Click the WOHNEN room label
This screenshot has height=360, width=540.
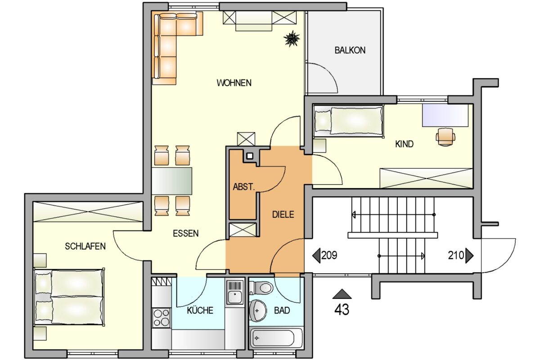(234, 83)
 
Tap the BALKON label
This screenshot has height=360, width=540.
(350, 50)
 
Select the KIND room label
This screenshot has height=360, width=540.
(404, 144)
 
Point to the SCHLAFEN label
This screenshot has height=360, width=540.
(85, 246)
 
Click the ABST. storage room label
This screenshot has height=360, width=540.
(243, 187)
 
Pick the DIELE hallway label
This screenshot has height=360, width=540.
(283, 215)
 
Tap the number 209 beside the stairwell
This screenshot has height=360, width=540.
(329, 256)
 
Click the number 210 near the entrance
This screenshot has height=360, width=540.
(455, 256)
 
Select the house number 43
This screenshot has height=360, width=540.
(342, 310)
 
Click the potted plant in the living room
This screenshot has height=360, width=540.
(292, 39)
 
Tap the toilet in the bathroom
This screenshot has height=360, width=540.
(261, 287)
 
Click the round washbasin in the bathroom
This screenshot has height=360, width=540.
(258, 310)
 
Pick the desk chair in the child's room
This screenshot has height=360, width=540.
(445, 136)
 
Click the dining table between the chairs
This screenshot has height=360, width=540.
(172, 180)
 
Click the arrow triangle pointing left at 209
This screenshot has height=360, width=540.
(316, 256)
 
